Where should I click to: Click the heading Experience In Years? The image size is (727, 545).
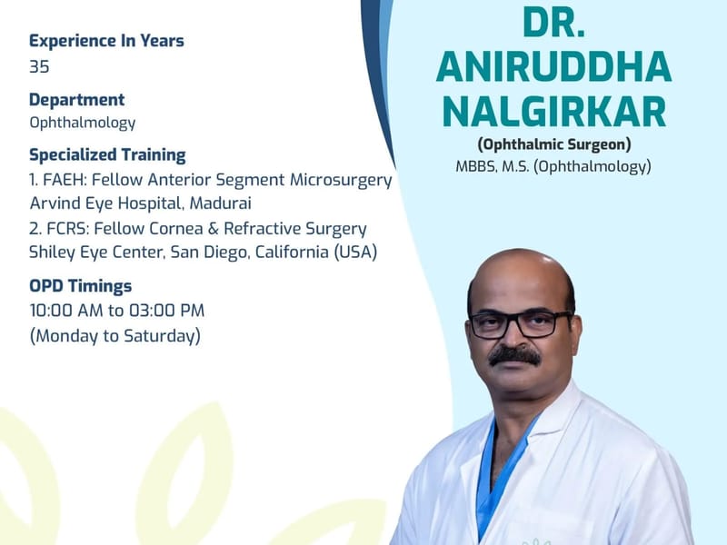click(x=106, y=41)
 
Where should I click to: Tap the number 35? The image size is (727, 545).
click(x=39, y=66)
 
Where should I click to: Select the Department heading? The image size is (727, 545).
click(x=77, y=100)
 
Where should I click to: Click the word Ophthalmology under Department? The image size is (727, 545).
click(x=83, y=124)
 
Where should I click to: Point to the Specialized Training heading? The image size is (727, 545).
click(x=107, y=155)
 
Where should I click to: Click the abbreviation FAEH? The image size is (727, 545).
click(x=65, y=180)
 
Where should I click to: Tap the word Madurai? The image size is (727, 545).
click(x=221, y=203)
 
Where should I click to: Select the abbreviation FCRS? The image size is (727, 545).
click(x=67, y=229)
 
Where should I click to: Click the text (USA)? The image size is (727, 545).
click(x=355, y=253)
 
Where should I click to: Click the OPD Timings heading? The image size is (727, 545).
click(x=81, y=286)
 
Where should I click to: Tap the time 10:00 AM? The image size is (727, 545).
click(x=66, y=311)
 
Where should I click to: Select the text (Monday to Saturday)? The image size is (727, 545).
click(x=115, y=336)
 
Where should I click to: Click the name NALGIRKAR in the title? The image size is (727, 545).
click(x=554, y=112)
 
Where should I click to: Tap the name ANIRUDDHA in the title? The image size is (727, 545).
click(x=554, y=66)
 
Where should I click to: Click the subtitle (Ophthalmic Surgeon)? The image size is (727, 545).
click(x=554, y=144)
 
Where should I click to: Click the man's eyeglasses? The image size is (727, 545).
click(x=521, y=324)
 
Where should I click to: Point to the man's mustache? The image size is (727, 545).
click(x=514, y=356)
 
